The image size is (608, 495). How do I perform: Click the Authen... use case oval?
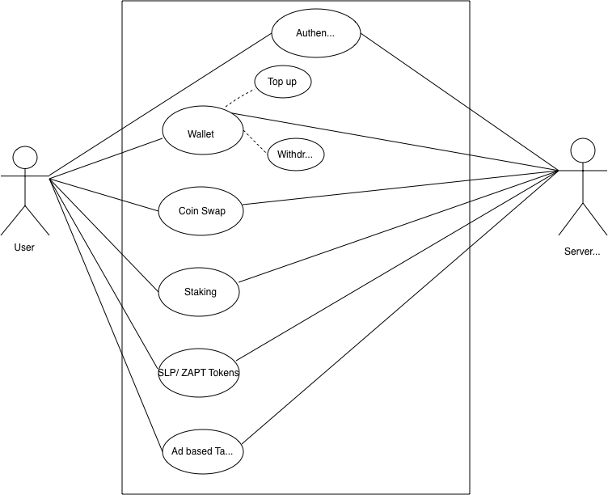(x=315, y=33)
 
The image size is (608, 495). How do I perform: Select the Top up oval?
(x=282, y=82)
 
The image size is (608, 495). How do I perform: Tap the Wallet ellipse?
(x=202, y=131)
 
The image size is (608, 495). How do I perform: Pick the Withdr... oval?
(x=295, y=154)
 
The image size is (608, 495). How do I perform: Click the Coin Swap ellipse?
(x=201, y=211)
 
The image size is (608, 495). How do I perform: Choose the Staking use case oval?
(x=199, y=291)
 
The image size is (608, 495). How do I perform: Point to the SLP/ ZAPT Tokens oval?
(x=198, y=372)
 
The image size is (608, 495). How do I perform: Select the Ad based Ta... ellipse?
(x=202, y=451)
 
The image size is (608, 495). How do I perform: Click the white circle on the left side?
(x=25, y=157)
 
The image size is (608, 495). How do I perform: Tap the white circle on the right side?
(x=582, y=150)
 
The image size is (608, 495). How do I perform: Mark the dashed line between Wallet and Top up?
(x=239, y=99)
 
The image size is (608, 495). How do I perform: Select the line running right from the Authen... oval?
(x=414, y=70)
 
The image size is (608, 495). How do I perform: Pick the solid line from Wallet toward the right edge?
(x=356, y=133)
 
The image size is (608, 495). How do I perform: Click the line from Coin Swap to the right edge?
(x=356, y=192)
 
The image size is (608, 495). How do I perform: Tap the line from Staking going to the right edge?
(x=354, y=241)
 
